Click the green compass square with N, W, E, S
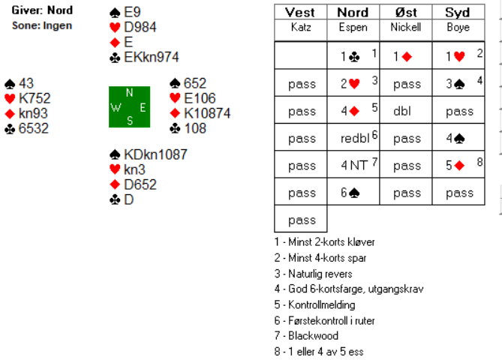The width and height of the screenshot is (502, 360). pos(129,106)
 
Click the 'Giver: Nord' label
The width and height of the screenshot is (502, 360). pos(42,10)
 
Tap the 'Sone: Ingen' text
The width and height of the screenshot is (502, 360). pos(42,25)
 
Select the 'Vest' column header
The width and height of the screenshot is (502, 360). pos(301,13)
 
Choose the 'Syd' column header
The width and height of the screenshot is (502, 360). pos(457,13)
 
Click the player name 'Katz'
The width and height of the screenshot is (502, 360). pos(301,27)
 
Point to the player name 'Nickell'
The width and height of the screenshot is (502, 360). pos(406,27)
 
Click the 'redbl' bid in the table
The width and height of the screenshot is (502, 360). pos(350,138)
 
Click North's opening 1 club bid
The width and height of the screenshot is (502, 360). pos(351,57)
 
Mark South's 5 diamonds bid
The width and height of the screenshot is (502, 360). pos(455,165)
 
